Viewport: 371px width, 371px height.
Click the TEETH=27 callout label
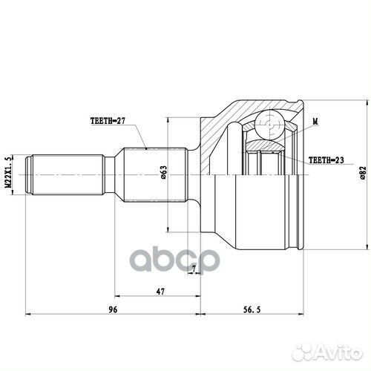[x=108, y=121]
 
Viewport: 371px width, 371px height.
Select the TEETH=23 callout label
[x=326, y=160]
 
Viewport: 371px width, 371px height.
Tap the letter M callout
[x=315, y=121]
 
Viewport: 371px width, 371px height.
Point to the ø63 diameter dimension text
[x=163, y=172]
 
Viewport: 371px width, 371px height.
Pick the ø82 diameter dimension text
[x=363, y=172]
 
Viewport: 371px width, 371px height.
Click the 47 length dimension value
[x=160, y=292]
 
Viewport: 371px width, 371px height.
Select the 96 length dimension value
[x=113, y=309]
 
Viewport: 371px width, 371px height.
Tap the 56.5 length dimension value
[x=252, y=309]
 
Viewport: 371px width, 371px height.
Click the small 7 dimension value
[x=194, y=268]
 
